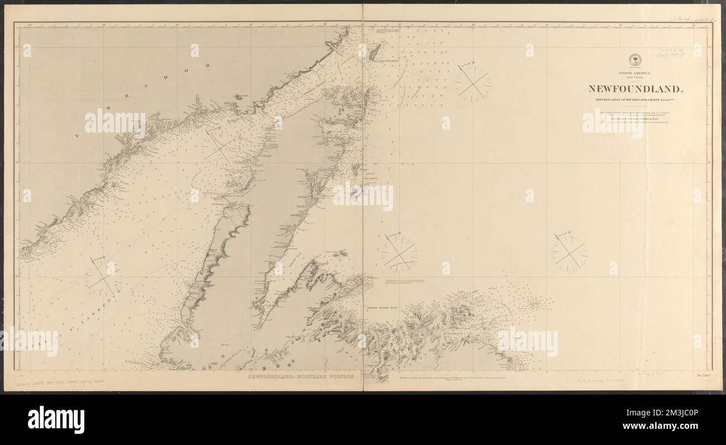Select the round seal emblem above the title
pyautogui.click(x=635, y=60)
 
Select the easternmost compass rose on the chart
pyautogui.click(x=569, y=253)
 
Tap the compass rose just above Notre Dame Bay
pyautogui.click(x=399, y=253)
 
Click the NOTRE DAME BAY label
pyautogui.click(x=380, y=307)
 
